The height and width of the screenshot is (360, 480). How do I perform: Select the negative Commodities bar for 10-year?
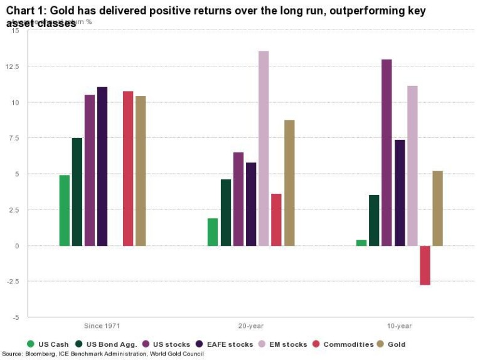[x=425, y=265]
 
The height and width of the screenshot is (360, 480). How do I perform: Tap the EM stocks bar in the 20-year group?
[x=264, y=148]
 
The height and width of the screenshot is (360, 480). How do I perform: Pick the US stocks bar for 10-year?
[x=387, y=152]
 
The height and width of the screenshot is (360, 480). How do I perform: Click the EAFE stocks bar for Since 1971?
[x=102, y=166]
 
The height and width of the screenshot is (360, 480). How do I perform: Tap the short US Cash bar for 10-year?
[x=361, y=243]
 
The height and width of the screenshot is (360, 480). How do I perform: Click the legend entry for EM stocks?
[x=289, y=344]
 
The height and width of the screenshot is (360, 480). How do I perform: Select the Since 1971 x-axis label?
[x=102, y=326]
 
